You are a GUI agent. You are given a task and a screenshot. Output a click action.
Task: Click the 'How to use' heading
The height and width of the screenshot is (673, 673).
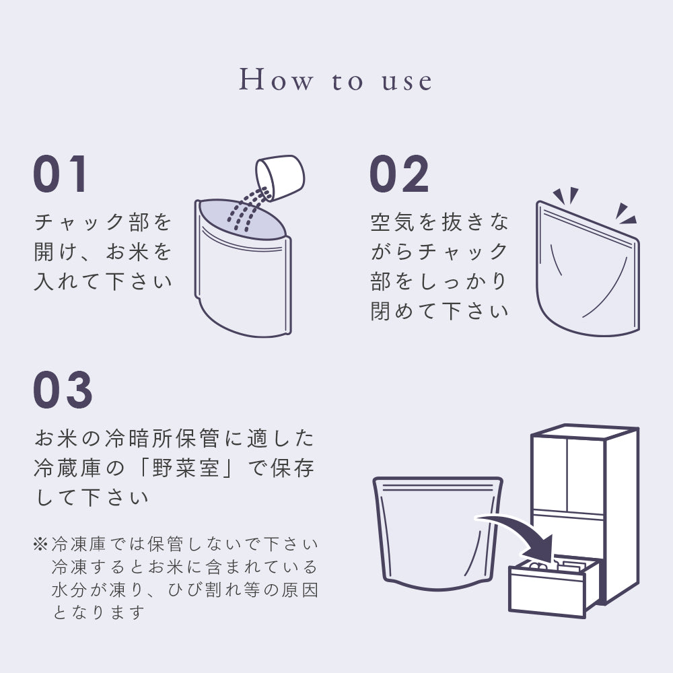pyautogui.click(x=336, y=80)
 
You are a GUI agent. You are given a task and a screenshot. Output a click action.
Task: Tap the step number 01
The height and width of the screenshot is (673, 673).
pyautogui.click(x=61, y=174)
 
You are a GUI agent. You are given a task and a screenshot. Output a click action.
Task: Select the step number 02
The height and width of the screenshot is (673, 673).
pyautogui.click(x=399, y=174)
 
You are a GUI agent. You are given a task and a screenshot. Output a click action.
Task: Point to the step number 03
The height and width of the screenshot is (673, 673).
pyautogui.click(x=63, y=391)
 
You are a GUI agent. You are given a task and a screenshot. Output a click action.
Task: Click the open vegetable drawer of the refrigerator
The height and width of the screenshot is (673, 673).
pyautogui.click(x=552, y=586)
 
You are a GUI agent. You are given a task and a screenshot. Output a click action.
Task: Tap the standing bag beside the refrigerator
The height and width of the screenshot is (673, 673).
pyautogui.click(x=437, y=532)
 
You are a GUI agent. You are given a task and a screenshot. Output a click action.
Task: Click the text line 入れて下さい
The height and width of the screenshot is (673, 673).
pyautogui.click(x=103, y=281)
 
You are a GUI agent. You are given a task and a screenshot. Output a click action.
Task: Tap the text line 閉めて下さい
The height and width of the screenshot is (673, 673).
pyautogui.click(x=439, y=311)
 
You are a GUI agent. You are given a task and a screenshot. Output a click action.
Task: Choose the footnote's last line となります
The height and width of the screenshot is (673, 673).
pyautogui.click(x=98, y=612)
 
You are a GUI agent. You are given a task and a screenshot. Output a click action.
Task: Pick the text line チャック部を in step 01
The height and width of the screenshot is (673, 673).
pyautogui.click(x=103, y=222)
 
